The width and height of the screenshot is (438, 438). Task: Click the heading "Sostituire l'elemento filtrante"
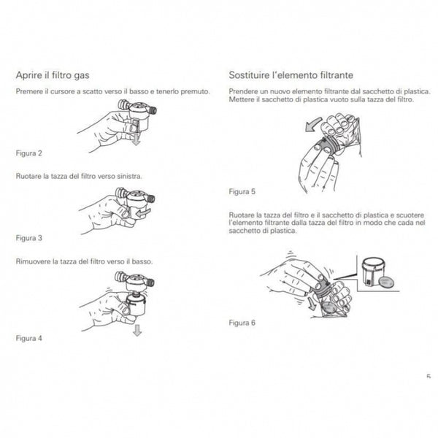tap(281, 74)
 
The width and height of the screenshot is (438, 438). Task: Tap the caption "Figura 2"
tap(29, 153)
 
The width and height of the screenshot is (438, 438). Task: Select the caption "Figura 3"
tap(29, 238)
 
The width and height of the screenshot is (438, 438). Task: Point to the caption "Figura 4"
tap(29, 339)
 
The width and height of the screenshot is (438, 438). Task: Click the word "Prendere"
tap(244, 91)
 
